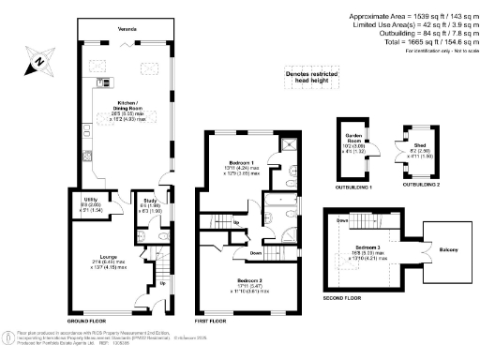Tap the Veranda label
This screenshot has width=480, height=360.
coord(113,29)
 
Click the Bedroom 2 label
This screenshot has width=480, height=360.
coord(248,280)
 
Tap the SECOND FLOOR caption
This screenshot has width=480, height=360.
coord(340,298)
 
